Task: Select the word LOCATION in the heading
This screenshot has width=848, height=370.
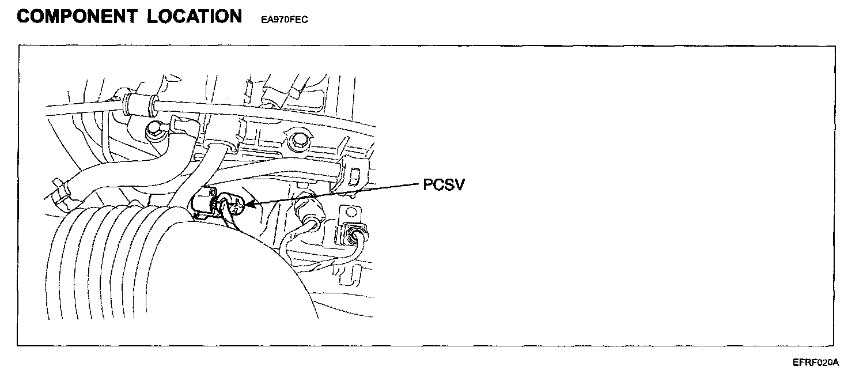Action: click(194, 16)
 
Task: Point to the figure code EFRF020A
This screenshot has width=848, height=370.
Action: click(815, 363)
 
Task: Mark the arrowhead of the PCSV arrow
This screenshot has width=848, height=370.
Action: click(249, 203)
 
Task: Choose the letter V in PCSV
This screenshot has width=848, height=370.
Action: click(457, 185)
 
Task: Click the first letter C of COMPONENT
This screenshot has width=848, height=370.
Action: click(25, 16)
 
